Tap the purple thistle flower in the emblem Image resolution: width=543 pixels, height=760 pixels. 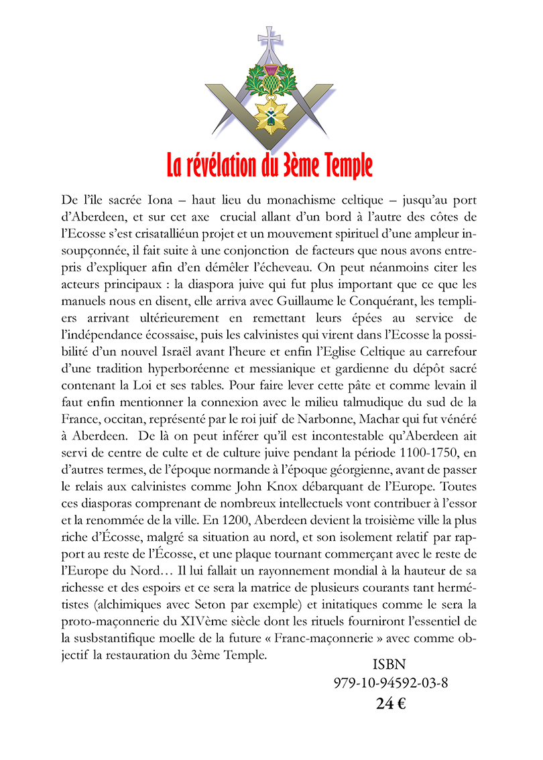[271, 71]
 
